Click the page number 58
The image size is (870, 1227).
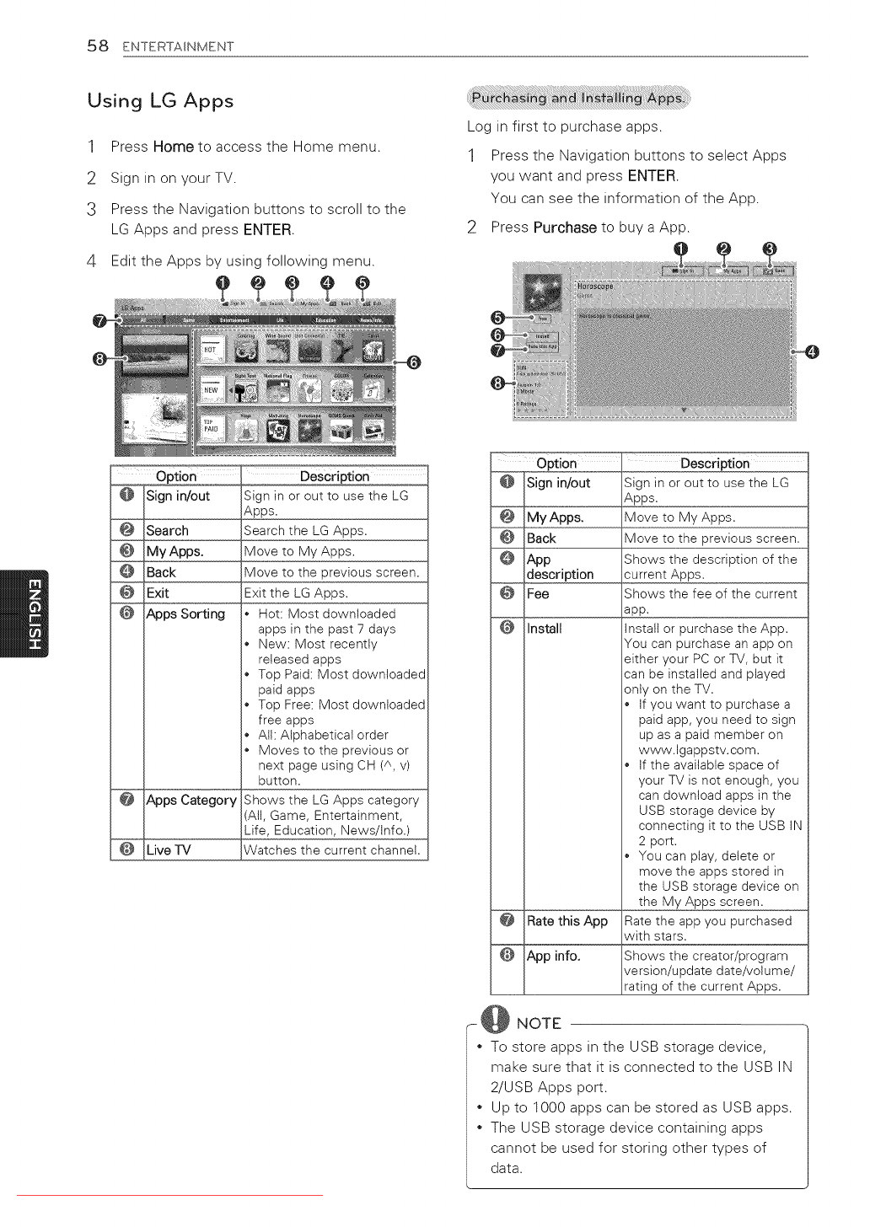click(x=98, y=46)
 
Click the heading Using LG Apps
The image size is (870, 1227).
click(x=160, y=101)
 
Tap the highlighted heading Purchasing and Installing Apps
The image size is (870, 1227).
click(x=578, y=98)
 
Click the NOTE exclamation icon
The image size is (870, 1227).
click(x=495, y=1020)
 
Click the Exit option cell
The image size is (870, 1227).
click(x=158, y=593)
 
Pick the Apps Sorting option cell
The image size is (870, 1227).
click(x=185, y=614)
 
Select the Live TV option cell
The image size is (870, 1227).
click(x=169, y=850)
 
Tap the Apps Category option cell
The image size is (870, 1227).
click(x=191, y=801)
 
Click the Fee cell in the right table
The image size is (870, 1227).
click(x=538, y=594)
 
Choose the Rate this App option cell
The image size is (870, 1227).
click(x=567, y=922)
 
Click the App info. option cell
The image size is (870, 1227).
click(x=553, y=956)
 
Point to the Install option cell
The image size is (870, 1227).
click(x=545, y=629)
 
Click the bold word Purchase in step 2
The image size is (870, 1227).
click(x=565, y=228)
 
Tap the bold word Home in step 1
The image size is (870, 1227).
click(x=174, y=147)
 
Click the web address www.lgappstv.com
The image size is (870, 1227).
click(x=699, y=750)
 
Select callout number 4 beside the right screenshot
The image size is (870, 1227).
click(x=812, y=351)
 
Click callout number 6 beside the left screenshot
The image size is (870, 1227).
click(x=413, y=362)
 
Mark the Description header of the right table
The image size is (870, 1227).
click(x=715, y=463)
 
